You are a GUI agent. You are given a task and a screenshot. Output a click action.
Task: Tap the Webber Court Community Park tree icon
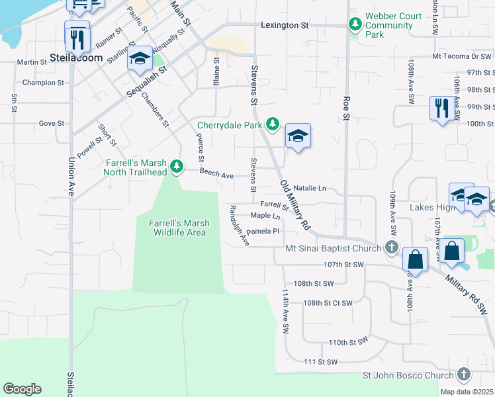[x=355, y=25]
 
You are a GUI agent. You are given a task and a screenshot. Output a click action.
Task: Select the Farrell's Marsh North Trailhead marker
[x=176, y=166]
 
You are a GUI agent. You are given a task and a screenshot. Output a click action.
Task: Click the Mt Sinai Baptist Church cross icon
[x=392, y=248]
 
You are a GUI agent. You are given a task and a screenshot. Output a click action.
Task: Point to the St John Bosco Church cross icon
[x=465, y=376]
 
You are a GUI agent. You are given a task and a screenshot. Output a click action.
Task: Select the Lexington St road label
[x=285, y=25]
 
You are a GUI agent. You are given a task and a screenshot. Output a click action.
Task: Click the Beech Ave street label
[x=216, y=175]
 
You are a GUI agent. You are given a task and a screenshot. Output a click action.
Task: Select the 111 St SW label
[x=320, y=362]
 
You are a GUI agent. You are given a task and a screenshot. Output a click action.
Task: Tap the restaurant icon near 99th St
[x=441, y=107]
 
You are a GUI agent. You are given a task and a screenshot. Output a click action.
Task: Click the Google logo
[x=22, y=389]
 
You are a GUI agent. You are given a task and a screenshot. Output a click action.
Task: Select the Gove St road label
[x=51, y=123]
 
